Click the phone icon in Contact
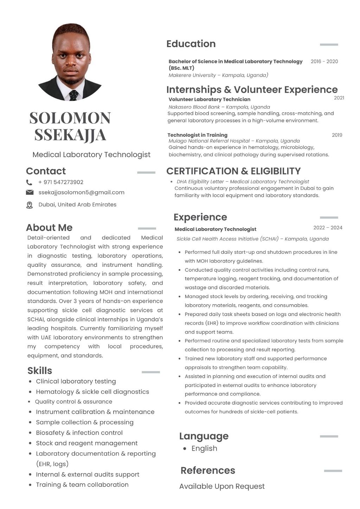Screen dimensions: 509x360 pyautogui.click(x=29, y=182)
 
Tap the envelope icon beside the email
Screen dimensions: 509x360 pyautogui.click(x=30, y=192)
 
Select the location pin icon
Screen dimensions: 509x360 pyautogui.click(x=30, y=205)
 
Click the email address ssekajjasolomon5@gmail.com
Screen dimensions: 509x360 pyautogui.click(x=81, y=192)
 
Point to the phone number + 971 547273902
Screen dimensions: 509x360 pyautogui.click(x=61, y=182)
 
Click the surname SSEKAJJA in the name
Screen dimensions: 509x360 pyautogui.click(x=70, y=135)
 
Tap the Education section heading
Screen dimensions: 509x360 pyautogui.click(x=191, y=44)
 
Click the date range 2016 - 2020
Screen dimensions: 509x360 pyautogui.click(x=324, y=62)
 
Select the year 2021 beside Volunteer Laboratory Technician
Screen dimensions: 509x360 pyautogui.click(x=339, y=98)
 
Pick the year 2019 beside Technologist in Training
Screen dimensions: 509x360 pyautogui.click(x=337, y=135)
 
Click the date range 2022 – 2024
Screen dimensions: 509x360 pyautogui.click(x=328, y=228)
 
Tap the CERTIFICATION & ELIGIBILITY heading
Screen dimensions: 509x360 pyautogui.click(x=233, y=171)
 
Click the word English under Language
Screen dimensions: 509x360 pyautogui.click(x=204, y=449)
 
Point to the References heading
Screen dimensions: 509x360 pyautogui.click(x=208, y=470)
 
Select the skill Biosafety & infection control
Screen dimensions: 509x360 pyautogui.click(x=79, y=433)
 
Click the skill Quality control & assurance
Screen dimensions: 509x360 pyautogui.click(x=73, y=401)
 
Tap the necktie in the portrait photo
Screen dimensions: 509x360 pyautogui.click(x=73, y=95)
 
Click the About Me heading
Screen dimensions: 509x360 pyautogui.click(x=49, y=228)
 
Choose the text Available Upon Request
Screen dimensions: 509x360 pyautogui.click(x=222, y=487)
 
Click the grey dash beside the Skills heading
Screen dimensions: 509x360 pyautogui.click(x=150, y=372)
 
